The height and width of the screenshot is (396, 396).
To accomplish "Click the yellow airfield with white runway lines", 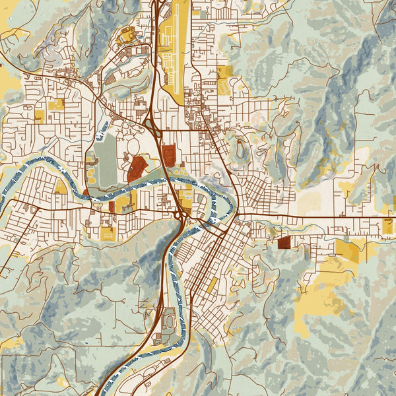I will [x=171, y=53].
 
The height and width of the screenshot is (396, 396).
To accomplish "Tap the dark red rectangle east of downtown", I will [x=284, y=243].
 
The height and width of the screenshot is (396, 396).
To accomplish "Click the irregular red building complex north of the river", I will [x=137, y=169].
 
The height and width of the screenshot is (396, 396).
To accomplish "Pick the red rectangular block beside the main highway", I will [x=169, y=155].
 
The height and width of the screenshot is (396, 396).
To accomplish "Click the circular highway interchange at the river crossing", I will [x=180, y=215].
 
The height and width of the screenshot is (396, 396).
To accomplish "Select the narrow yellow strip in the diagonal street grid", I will [x=213, y=285].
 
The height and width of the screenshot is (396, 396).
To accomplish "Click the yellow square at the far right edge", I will [x=387, y=226].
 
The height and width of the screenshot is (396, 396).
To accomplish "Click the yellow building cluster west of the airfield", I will [x=125, y=36].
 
